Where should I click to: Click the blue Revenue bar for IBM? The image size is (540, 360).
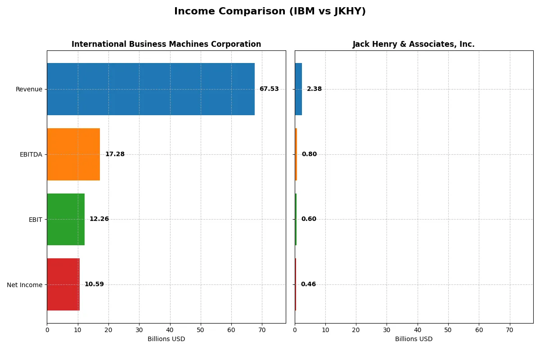(x=151, y=89)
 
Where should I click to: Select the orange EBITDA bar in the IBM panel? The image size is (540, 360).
(x=73, y=154)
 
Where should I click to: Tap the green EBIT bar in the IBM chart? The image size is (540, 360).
(x=66, y=219)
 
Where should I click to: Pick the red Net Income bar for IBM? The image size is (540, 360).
(x=63, y=284)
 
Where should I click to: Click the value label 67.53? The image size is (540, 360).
(x=269, y=89)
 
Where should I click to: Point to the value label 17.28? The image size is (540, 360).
(x=115, y=154)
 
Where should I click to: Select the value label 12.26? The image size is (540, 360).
(x=99, y=219)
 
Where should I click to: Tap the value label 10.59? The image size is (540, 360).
(x=94, y=284)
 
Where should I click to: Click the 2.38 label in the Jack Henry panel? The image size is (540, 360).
(x=314, y=89)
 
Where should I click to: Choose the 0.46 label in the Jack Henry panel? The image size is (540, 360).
(x=308, y=284)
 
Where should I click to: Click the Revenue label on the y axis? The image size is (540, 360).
(x=29, y=89)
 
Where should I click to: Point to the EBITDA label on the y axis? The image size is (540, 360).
(x=31, y=154)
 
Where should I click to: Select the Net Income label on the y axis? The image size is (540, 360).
(x=25, y=284)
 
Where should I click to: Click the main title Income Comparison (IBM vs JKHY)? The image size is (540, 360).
(x=270, y=12)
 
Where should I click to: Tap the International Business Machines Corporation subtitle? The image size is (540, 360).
(x=166, y=44)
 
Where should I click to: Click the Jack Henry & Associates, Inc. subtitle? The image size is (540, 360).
(x=414, y=44)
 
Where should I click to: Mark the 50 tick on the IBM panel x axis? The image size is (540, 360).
(x=201, y=330)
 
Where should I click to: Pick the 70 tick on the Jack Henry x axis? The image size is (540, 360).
(x=509, y=330)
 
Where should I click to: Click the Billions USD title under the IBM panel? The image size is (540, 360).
(x=166, y=339)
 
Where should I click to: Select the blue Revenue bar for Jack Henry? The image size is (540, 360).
(x=298, y=89)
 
